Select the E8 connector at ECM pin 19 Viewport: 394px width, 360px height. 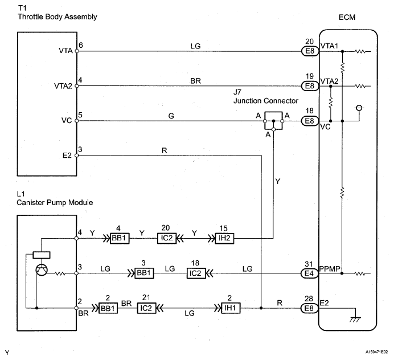point(310,86)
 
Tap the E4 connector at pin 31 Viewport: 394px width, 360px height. point(310,274)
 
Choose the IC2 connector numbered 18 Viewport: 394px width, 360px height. point(195,274)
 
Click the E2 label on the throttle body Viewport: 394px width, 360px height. point(68,154)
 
